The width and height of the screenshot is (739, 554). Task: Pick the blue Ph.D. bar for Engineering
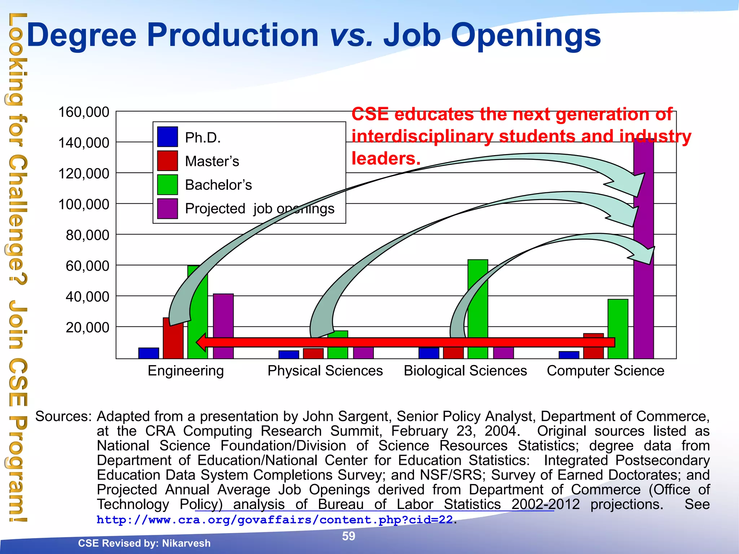[148, 353]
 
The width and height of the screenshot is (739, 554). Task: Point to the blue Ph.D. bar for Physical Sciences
[289, 355]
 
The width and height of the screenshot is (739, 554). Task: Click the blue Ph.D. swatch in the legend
[167, 137]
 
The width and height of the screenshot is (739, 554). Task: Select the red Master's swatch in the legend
[167, 161]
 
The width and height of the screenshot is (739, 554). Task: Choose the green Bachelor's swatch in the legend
[167, 184]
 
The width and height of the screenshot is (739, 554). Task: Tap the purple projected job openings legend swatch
[167, 208]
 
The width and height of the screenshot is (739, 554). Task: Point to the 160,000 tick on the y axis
[84, 112]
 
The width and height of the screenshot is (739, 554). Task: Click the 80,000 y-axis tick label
[87, 235]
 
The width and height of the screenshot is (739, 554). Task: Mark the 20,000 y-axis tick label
[87, 327]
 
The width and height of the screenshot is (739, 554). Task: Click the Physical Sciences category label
[325, 371]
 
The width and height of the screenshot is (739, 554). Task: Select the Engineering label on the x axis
[186, 371]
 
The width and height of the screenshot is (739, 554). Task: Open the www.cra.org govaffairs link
[275, 520]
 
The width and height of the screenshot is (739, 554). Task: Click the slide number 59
[349, 536]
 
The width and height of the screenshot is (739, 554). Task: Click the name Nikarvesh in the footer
[186, 543]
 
